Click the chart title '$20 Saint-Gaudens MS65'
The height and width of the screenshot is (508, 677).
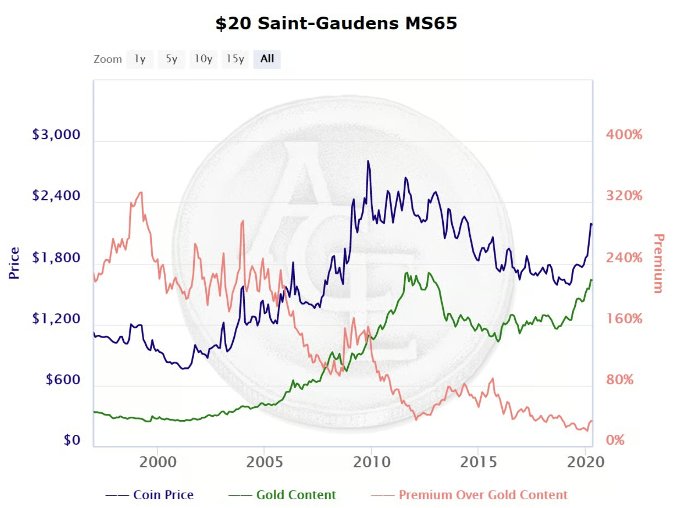336,23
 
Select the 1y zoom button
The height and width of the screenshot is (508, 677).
140,59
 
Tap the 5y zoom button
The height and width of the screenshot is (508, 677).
171,59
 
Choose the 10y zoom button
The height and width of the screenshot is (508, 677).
203,59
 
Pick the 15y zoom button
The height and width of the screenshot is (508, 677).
235,59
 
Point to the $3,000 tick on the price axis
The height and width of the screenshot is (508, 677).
56,135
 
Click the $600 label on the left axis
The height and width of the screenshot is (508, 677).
63,380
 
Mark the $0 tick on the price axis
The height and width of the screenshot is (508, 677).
72,440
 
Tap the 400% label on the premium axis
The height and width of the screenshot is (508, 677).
624,135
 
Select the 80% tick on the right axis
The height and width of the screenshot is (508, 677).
620,380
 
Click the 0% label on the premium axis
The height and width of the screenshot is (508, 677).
615,440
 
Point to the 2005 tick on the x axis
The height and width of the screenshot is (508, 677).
264,462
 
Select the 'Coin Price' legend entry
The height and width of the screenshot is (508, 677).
163,495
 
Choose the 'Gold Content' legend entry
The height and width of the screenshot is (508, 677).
296,495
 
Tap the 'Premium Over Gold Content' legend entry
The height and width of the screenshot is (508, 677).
483,495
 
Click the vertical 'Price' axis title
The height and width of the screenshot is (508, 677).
14,263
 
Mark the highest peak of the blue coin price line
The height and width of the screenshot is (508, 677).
368,161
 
